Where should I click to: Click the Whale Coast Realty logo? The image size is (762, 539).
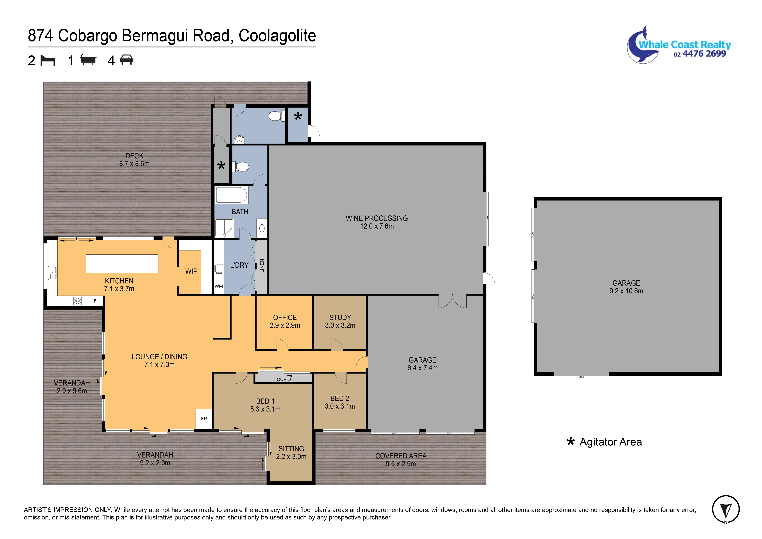tap(679, 45)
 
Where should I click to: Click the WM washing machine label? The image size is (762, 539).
tap(219, 286)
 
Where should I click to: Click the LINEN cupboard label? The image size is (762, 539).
tap(262, 266)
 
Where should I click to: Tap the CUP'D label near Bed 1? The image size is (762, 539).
tap(284, 379)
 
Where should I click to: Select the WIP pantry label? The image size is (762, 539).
tap(191, 271)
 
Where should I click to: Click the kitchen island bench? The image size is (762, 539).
tap(122, 264)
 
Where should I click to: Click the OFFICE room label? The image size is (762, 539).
tap(285, 317)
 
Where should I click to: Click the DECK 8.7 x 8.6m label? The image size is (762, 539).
tap(134, 160)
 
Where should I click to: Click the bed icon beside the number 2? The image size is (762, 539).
tap(48, 60)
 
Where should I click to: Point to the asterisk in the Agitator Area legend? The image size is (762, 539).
tap(571, 442)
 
